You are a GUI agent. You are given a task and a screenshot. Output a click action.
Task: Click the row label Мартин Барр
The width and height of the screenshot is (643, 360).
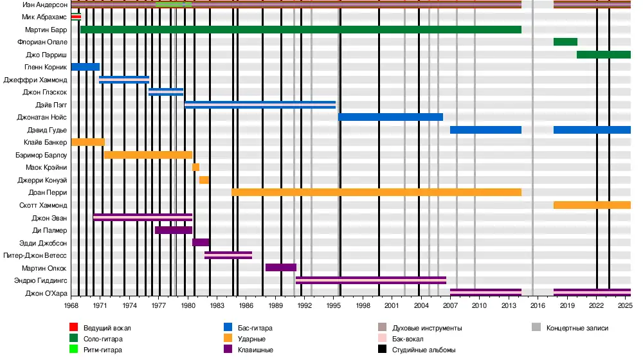point(46,30)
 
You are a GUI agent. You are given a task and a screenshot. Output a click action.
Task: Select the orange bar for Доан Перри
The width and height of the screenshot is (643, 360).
point(376,192)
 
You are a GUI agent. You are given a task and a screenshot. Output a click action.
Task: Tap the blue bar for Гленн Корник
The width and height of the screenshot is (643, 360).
point(85,67)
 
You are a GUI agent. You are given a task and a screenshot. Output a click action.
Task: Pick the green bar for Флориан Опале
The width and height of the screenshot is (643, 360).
point(565,42)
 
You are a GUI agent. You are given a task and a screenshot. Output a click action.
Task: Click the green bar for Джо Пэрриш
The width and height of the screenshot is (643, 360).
point(603,55)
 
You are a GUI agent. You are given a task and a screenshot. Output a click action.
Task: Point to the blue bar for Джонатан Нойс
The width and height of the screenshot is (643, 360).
point(390,117)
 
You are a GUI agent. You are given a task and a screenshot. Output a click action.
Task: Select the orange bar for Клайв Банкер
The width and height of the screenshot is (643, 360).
point(87,142)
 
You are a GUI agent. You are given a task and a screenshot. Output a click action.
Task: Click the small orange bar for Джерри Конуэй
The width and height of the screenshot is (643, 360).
point(204,180)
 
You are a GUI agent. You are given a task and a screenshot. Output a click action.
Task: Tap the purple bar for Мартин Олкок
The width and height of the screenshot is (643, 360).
point(280,267)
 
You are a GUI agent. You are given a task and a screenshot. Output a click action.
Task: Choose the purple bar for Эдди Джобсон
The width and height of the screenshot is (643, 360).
point(201,242)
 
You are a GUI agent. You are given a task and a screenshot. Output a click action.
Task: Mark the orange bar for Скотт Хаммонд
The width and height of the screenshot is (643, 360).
point(592,205)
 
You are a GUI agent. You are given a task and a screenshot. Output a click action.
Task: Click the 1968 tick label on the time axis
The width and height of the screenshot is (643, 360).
point(71,305)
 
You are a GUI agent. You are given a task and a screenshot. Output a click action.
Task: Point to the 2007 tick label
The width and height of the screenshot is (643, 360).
point(450,305)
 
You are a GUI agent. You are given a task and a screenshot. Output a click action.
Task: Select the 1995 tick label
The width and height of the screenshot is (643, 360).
point(334,305)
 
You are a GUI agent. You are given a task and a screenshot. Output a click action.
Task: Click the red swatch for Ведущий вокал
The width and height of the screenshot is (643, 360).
point(76,328)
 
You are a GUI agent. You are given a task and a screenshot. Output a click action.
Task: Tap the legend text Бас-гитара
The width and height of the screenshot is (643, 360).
point(252,328)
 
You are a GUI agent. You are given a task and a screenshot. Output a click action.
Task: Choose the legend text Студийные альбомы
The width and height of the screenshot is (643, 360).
point(424,350)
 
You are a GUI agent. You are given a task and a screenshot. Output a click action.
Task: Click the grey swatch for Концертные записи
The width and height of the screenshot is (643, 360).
point(536,328)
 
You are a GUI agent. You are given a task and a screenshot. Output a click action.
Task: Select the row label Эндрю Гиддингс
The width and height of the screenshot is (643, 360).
point(40,280)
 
